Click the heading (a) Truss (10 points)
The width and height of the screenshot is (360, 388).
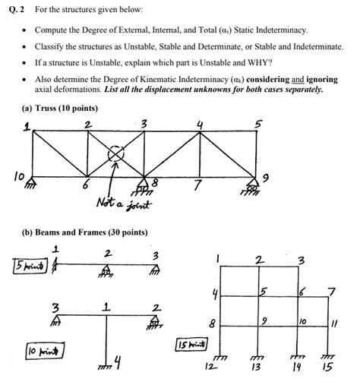[x=60, y=108]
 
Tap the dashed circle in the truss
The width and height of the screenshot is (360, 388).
[x=115, y=154]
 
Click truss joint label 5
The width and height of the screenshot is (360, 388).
[x=258, y=124]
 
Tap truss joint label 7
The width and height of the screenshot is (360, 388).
[x=197, y=185]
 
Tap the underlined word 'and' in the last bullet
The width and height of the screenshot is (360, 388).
[x=298, y=78]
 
